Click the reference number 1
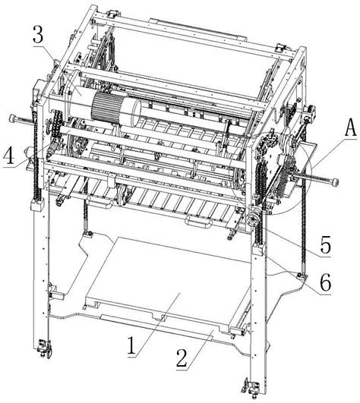[132, 345]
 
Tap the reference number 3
[38, 34]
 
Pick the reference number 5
[325, 244]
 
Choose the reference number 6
[325, 282]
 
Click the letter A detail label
[349, 128]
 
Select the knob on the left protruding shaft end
[13, 118]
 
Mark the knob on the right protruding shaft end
[335, 182]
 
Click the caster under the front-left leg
[44, 348]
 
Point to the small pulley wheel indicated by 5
[253, 219]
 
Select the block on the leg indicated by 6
[258, 249]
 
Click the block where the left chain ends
[37, 205]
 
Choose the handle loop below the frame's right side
[197, 222]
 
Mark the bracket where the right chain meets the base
[302, 276]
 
